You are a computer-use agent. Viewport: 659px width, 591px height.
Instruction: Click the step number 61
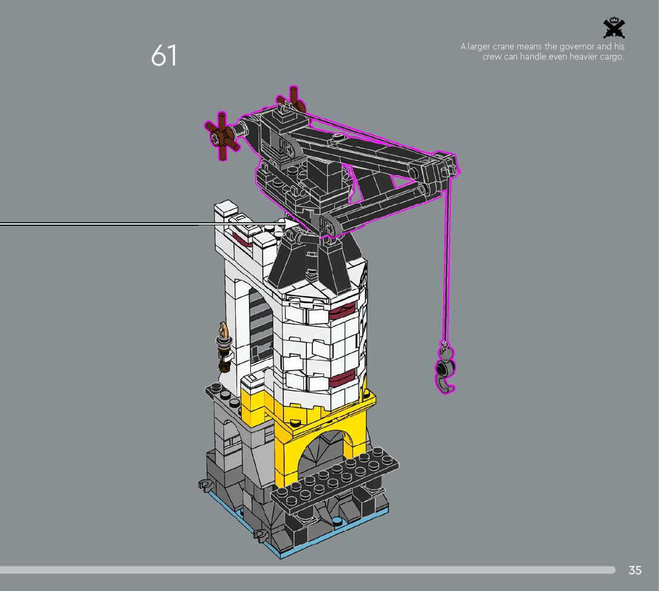164,55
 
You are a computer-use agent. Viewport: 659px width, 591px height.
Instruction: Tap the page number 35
635,570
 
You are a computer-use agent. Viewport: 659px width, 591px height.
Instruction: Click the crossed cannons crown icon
614,28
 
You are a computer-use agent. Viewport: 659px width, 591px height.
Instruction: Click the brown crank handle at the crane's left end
222,136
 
